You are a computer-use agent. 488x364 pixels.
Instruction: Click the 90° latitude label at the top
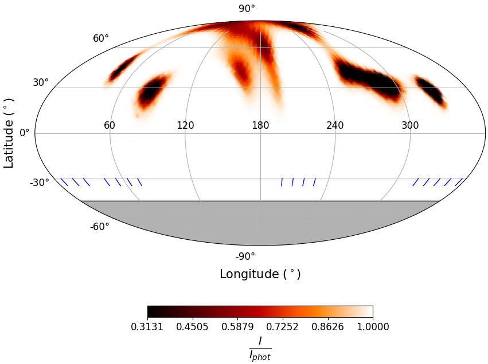point(247,9)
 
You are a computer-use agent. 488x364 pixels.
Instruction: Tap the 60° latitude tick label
point(101,38)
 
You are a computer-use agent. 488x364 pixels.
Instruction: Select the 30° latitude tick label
point(41,82)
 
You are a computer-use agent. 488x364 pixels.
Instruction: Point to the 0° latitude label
point(25,133)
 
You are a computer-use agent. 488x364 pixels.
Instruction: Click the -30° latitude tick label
point(40,183)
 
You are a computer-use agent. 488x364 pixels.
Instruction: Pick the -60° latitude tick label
point(99,227)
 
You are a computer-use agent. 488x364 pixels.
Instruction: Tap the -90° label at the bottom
point(245,256)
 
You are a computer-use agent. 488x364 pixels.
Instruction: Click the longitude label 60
point(110,125)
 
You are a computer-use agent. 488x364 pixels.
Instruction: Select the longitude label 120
point(185,125)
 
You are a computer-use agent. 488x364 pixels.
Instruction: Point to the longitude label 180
point(260,125)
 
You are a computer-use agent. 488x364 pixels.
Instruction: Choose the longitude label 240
point(335,125)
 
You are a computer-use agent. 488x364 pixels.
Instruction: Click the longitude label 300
point(410,125)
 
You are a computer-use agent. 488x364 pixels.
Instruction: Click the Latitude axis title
point(9,133)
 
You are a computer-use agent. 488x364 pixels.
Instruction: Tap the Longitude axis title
point(260,274)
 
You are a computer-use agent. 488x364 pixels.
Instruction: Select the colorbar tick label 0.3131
point(147,327)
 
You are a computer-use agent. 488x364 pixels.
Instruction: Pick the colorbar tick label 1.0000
point(373,327)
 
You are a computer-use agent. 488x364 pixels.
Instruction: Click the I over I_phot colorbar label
point(260,348)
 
